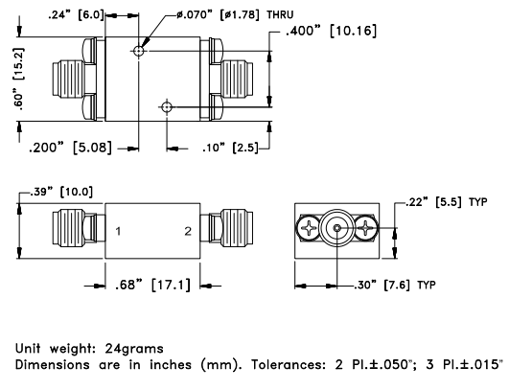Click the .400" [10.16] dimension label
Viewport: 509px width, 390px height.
point(331,32)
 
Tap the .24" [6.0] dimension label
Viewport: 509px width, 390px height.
point(76,15)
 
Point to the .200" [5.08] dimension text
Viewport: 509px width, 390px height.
point(70,148)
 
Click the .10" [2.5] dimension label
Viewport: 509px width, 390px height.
point(230,148)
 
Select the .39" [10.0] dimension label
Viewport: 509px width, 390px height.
point(61,192)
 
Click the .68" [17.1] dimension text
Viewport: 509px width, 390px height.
point(153,285)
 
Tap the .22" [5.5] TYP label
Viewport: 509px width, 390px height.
point(447,202)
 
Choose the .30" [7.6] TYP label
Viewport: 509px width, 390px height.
point(395,286)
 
